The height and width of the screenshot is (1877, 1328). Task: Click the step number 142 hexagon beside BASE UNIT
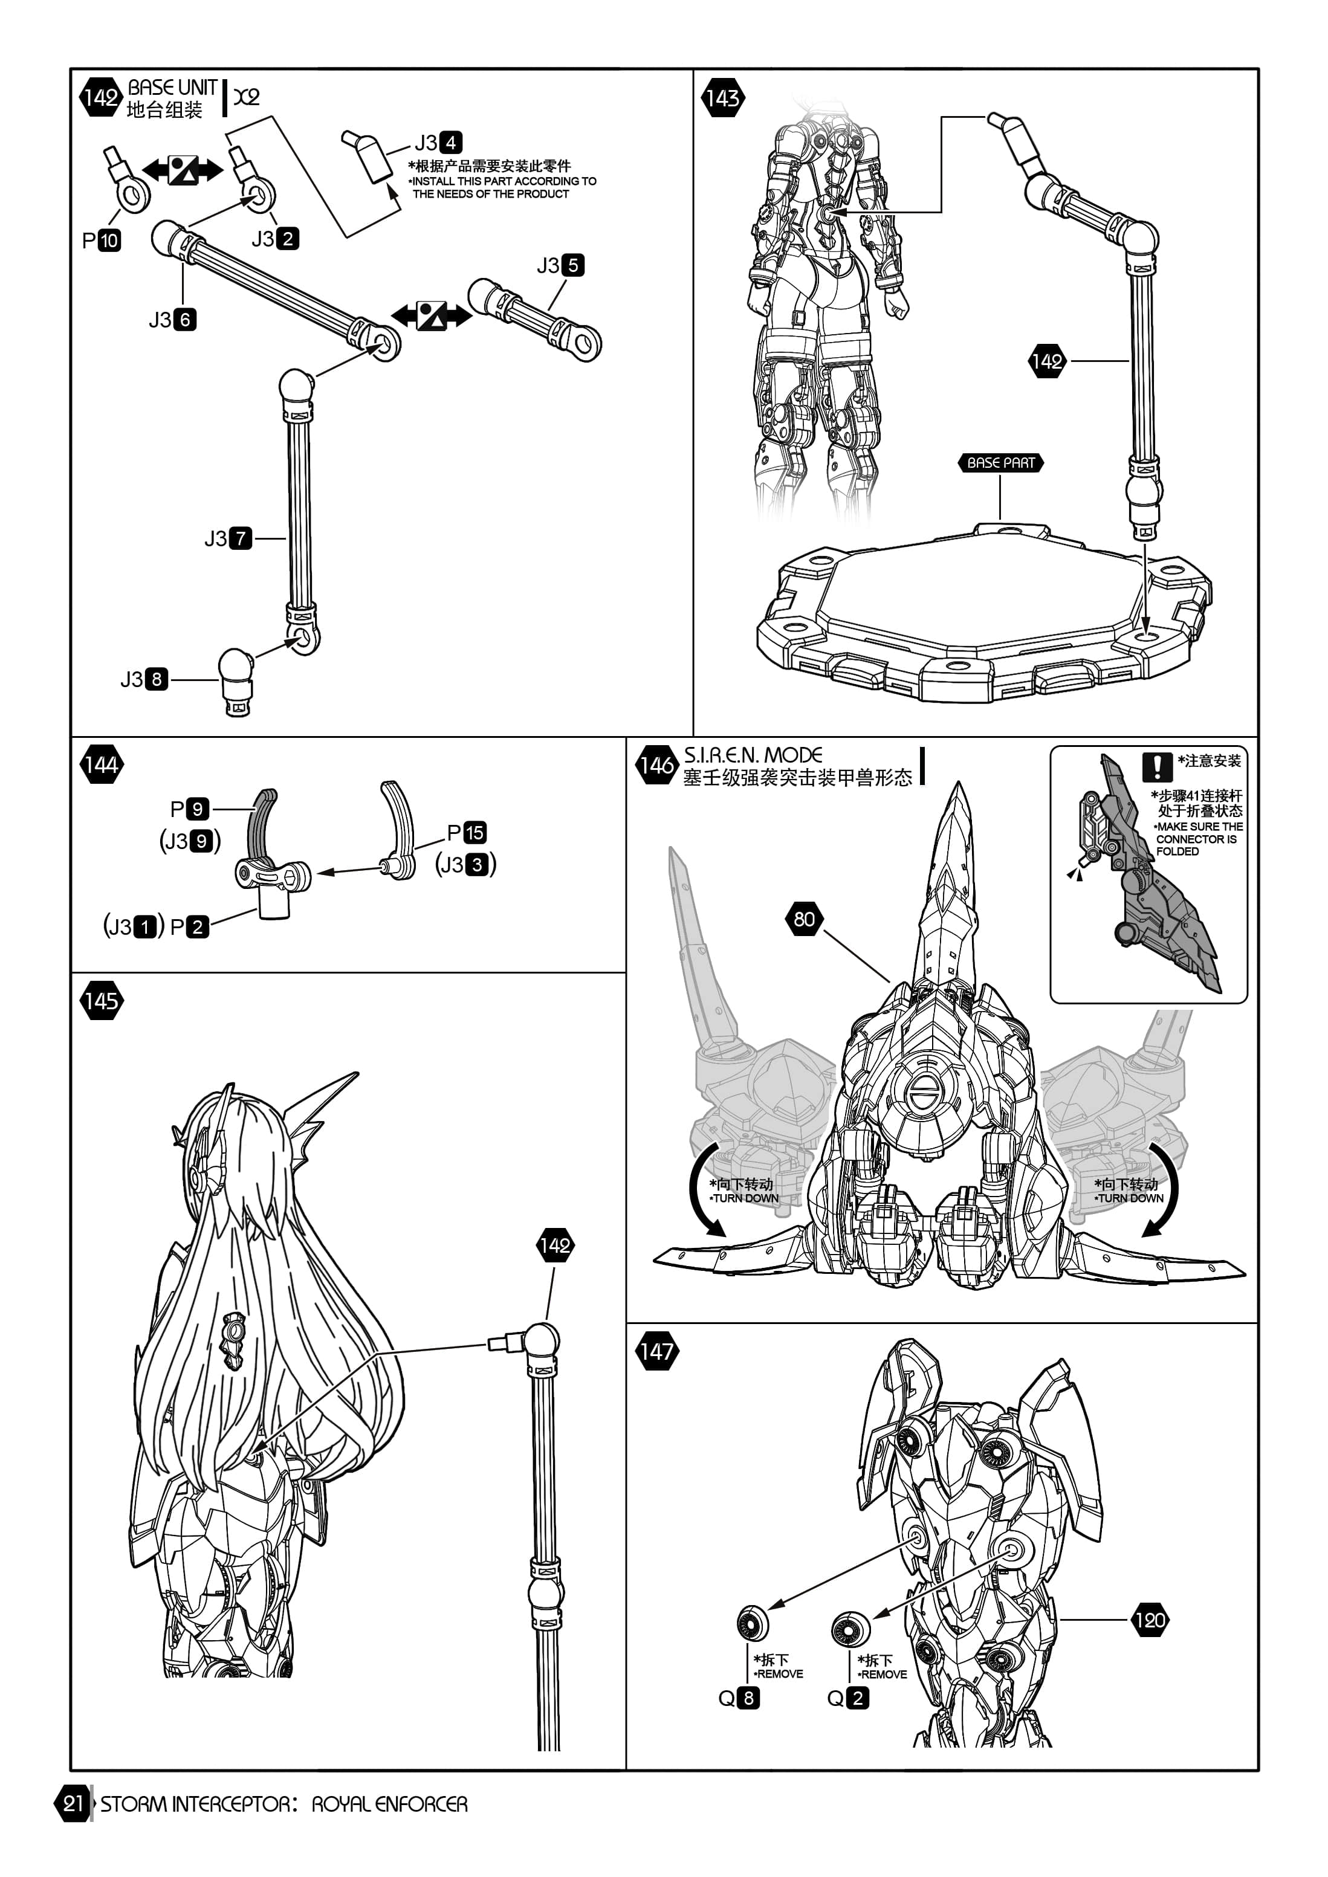(x=100, y=98)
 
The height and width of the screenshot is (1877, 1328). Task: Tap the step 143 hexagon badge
(x=722, y=98)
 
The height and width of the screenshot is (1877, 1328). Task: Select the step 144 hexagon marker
(x=100, y=765)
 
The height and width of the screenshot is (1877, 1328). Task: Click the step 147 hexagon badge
(x=656, y=1351)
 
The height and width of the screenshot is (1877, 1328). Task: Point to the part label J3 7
(x=228, y=538)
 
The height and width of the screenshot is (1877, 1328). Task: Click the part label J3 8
(x=144, y=679)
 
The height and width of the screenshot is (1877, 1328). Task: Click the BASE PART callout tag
(x=1000, y=463)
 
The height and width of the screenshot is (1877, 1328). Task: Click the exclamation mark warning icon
(x=1157, y=766)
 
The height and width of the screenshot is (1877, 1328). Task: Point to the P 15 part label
(x=467, y=833)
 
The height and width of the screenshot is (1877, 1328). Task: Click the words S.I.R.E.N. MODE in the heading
(x=753, y=755)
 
